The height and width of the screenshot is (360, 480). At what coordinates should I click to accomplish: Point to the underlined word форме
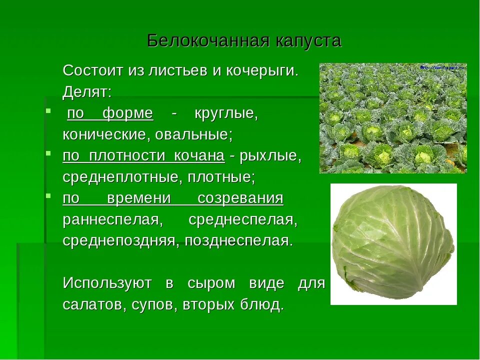pyautogui.click(x=127, y=113)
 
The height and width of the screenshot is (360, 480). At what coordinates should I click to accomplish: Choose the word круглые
pyautogui.click(x=226, y=113)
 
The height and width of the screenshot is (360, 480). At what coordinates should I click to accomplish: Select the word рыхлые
pyautogui.click(x=270, y=156)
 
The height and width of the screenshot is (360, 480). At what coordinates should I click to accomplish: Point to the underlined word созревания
pyautogui.click(x=240, y=198)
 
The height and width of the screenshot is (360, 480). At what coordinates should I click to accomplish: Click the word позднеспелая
pyautogui.click(x=238, y=241)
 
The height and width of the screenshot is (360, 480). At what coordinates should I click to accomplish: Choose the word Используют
pyautogui.click(x=107, y=283)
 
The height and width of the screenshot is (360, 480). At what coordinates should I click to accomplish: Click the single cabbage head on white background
pyautogui.click(x=393, y=243)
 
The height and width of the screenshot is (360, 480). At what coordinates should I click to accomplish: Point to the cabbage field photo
pyautogui.click(x=392, y=118)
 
